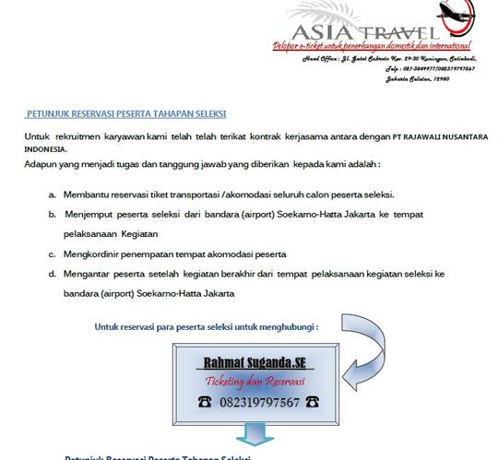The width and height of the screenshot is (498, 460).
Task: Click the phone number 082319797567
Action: (x=260, y=402)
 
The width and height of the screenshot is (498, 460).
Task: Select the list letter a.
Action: (x=52, y=195)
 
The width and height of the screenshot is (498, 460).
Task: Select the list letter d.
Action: (x=52, y=274)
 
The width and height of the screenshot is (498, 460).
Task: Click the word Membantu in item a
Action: (x=85, y=195)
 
